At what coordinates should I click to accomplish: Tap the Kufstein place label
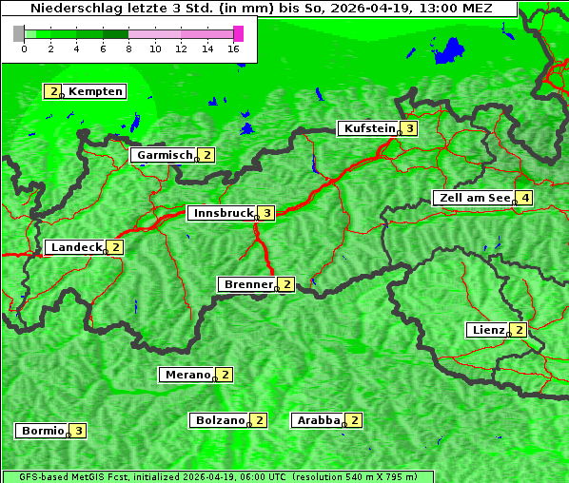[x=368, y=128]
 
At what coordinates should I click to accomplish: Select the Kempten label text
[x=95, y=91]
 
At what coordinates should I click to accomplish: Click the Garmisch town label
[x=165, y=155]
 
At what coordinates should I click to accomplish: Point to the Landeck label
[x=76, y=247]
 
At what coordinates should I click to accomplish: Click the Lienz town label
[x=488, y=330]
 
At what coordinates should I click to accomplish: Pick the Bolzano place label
[x=220, y=419]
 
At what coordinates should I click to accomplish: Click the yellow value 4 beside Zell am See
[x=524, y=198]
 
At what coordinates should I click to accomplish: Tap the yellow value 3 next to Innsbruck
[x=268, y=213]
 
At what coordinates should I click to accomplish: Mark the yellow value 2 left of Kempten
[x=52, y=91]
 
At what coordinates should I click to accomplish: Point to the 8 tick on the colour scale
[x=128, y=48]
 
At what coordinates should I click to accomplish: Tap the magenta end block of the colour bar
[x=238, y=33]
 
